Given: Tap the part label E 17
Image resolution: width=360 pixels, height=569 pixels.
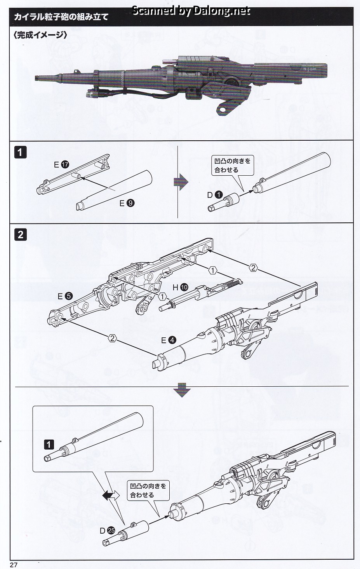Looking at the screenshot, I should tap(61, 165).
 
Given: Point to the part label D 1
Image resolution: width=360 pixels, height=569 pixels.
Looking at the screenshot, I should tap(215, 195).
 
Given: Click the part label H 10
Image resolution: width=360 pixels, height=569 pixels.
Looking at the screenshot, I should tap(180, 288).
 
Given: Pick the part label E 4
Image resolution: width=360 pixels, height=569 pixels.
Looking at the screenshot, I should tap(169, 340).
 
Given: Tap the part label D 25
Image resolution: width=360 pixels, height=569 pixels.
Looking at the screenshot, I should tap(108, 530).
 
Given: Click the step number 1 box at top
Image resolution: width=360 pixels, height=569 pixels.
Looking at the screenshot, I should tap(20, 152).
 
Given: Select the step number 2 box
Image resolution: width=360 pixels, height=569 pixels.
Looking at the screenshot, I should tap(20, 234).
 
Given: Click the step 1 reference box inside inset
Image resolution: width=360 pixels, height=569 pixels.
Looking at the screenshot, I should tap(49, 444).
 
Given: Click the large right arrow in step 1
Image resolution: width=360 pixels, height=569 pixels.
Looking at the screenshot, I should tap(181, 182).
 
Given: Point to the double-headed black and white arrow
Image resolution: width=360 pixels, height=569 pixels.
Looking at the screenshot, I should tap(111, 495).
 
